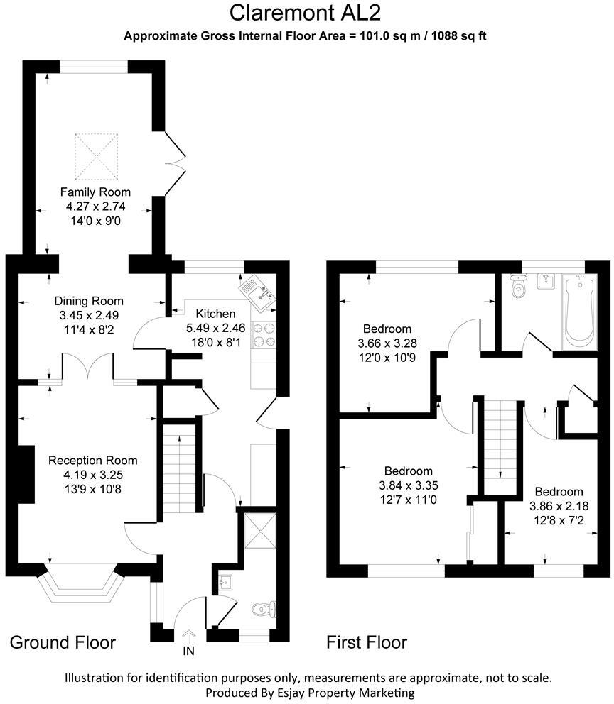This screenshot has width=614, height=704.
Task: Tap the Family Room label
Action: coord(95,192)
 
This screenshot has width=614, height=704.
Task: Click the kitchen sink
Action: coord(258,292)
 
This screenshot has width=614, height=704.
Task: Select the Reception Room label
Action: coord(93,461)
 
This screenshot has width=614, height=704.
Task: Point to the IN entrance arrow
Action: coord(188,640)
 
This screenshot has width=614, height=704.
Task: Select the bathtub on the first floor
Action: coord(581,312)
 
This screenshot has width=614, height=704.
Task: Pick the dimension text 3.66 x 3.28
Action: coord(387,343)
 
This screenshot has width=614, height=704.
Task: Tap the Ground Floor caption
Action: coord(63,643)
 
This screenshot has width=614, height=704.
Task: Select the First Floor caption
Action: coord(367,643)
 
